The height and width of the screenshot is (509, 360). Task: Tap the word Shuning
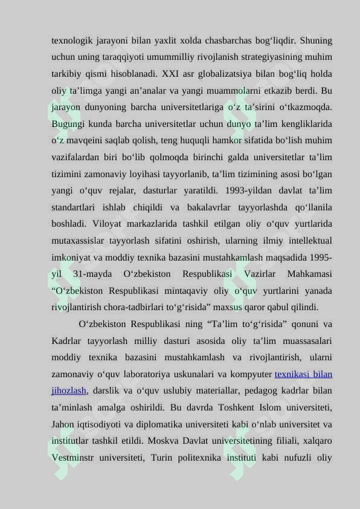tap(315, 41)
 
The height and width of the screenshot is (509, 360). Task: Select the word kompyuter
tap(251, 374)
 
